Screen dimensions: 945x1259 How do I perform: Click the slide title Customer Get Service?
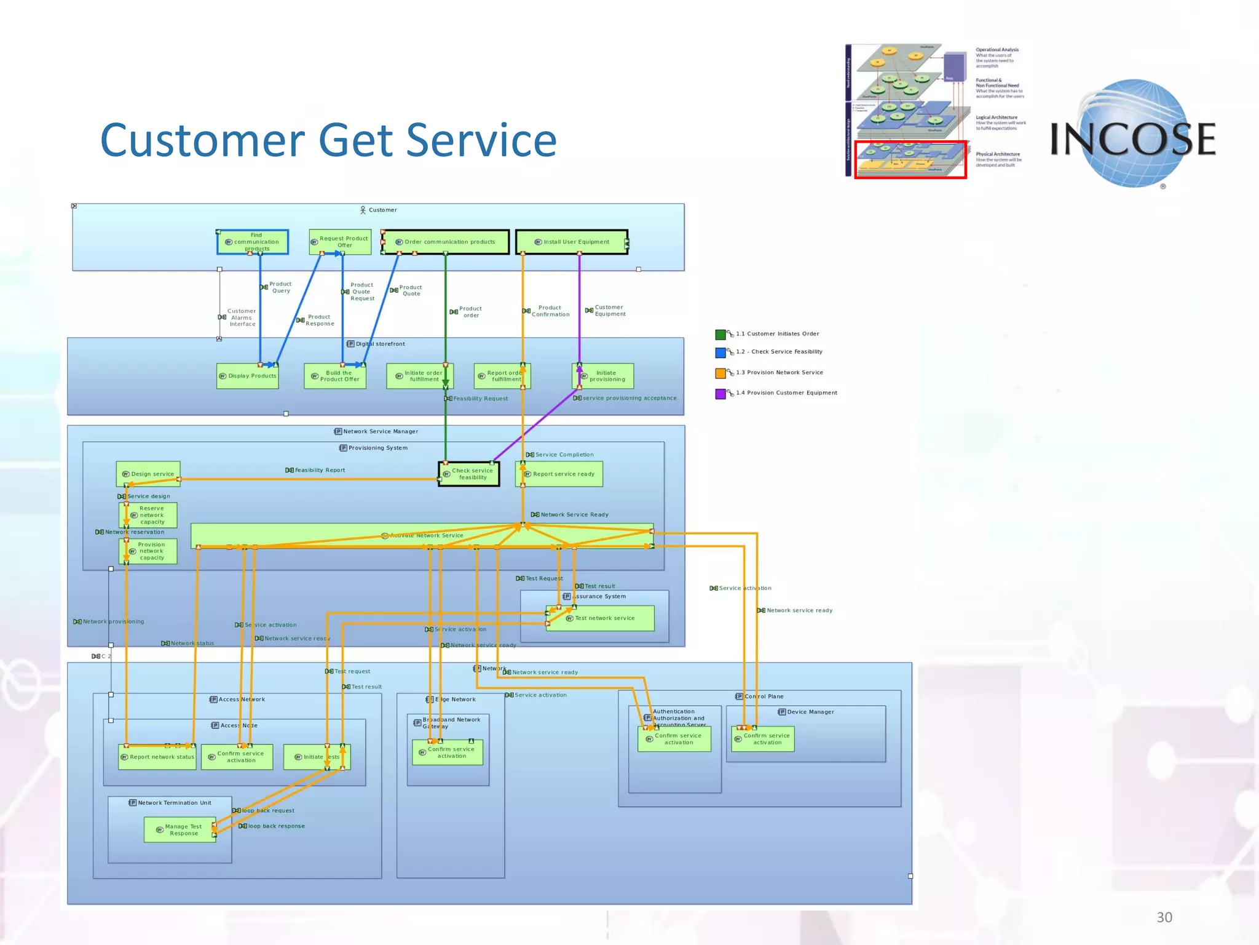(328, 140)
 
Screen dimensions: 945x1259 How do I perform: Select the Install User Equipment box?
(572, 242)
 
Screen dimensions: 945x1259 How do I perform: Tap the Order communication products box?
(446, 242)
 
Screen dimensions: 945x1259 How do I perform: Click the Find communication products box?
(253, 242)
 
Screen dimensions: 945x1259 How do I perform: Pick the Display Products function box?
(248, 376)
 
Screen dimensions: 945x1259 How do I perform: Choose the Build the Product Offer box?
(335, 376)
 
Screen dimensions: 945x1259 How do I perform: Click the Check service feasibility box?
(468, 474)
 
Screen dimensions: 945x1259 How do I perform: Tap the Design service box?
(148, 474)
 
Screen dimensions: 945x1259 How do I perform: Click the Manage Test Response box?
(180, 830)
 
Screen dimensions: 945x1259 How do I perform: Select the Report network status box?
(157, 757)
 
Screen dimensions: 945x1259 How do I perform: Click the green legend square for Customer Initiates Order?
(720, 335)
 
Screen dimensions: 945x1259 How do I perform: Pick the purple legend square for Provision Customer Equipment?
(720, 394)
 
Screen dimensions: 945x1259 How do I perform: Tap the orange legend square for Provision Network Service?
(720, 373)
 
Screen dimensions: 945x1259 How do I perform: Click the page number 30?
(1164, 917)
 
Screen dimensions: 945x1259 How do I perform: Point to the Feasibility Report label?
(319, 470)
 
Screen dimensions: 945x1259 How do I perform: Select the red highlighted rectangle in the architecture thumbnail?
(910, 160)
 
